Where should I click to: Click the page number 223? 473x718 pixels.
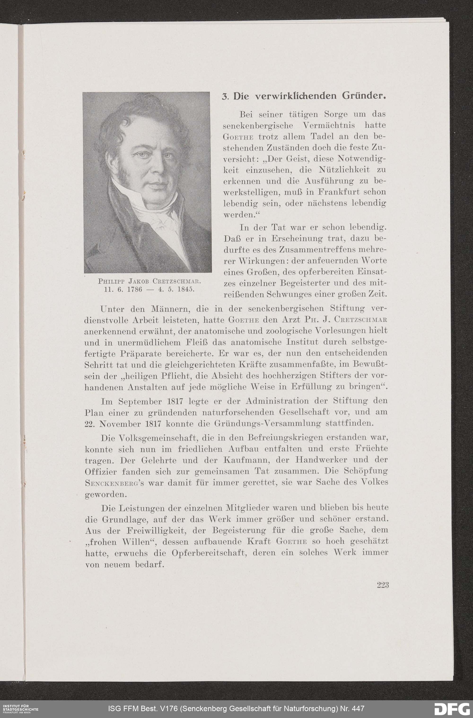pos(382,585)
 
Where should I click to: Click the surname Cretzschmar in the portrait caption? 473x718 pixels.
pos(176,281)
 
